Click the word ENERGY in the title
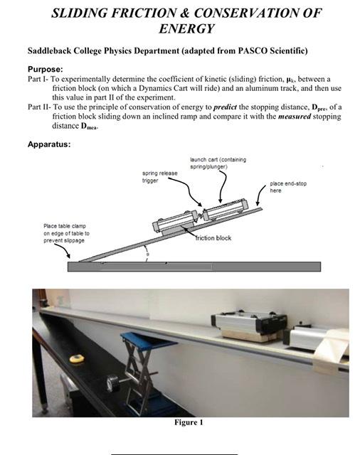pos(186,28)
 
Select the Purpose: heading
pos(46,70)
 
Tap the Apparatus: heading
pos(49,144)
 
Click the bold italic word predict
pos(225,107)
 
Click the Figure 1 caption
pos(189,422)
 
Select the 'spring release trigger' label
pos(159,177)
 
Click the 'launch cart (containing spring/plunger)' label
pos(218,163)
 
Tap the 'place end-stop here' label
pos(288,187)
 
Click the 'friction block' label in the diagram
pos(213,238)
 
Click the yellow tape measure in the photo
pos(77,358)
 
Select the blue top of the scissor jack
pos(148,341)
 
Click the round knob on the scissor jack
pos(113,384)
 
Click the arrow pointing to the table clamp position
pos(62,250)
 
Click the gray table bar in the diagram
pos(194,267)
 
